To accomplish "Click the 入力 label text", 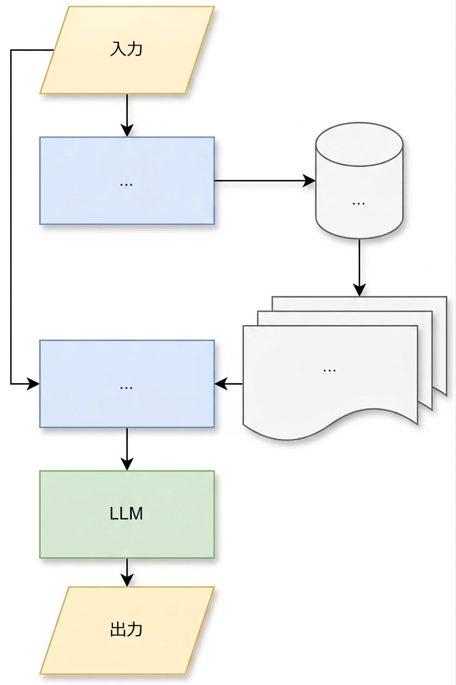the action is click(x=126, y=49).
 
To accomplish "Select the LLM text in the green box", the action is click(x=126, y=514).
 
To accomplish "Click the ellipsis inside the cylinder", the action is click(x=359, y=203).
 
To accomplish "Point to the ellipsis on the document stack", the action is click(x=330, y=370).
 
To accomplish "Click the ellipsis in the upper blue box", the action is click(x=126, y=184).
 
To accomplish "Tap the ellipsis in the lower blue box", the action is click(x=126, y=387).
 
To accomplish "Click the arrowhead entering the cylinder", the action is click(x=310, y=180).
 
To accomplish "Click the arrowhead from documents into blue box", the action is click(x=221, y=384).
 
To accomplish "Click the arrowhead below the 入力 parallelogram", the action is click(x=127, y=130).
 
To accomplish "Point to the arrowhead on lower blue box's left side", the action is click(x=33, y=384).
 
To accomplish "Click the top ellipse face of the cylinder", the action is click(x=359, y=144).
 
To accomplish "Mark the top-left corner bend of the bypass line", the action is click(x=11, y=50).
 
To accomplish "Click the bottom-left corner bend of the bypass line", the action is click(x=11, y=384).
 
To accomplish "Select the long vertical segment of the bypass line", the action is click(x=11, y=217).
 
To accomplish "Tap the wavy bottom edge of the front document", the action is click(x=331, y=424).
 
